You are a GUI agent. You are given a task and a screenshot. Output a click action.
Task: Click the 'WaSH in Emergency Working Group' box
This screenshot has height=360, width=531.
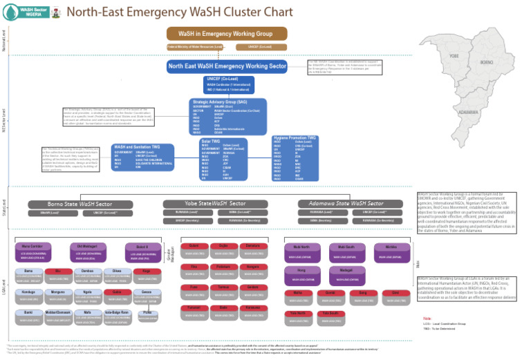227,33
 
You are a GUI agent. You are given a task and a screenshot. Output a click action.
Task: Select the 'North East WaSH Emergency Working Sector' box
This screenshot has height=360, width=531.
227,66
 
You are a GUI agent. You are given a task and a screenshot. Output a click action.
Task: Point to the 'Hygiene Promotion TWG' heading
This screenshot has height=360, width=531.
295,138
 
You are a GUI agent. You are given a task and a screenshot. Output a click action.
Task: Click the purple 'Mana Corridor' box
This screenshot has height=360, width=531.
32,246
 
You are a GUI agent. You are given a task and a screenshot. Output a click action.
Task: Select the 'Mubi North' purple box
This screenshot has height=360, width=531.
301,246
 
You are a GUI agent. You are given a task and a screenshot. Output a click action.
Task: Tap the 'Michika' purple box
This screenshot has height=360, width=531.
391,246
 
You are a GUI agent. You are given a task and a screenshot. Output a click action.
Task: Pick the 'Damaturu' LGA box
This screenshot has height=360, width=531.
252,245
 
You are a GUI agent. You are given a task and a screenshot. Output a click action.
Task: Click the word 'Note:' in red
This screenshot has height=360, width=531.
427,319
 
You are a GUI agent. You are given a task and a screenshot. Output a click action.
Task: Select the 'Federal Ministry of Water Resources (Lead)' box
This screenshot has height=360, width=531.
195,47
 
